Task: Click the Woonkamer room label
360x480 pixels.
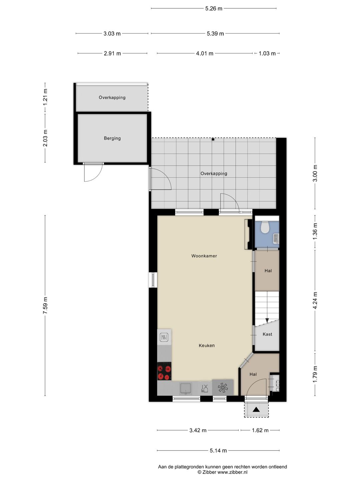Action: tap(204, 256)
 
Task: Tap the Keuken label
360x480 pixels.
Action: tap(207, 346)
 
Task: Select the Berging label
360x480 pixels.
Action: tap(112, 138)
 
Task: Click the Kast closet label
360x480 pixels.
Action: tap(267, 334)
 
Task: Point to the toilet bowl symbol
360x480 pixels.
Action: tap(265, 227)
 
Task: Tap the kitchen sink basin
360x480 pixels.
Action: tap(186, 388)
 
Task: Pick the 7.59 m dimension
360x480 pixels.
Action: tap(45, 305)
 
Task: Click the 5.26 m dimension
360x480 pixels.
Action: tap(214, 9)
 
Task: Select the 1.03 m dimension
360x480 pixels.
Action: tap(267, 53)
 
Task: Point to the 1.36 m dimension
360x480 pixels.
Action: tap(315, 230)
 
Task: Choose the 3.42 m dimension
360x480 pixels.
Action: tap(198, 430)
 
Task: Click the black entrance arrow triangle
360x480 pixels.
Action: tap(256, 410)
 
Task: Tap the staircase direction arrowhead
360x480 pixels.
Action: tap(267, 321)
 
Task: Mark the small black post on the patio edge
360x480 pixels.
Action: tap(213, 139)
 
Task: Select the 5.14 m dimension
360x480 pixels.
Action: tap(218, 451)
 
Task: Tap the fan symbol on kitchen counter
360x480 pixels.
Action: tap(222, 387)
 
